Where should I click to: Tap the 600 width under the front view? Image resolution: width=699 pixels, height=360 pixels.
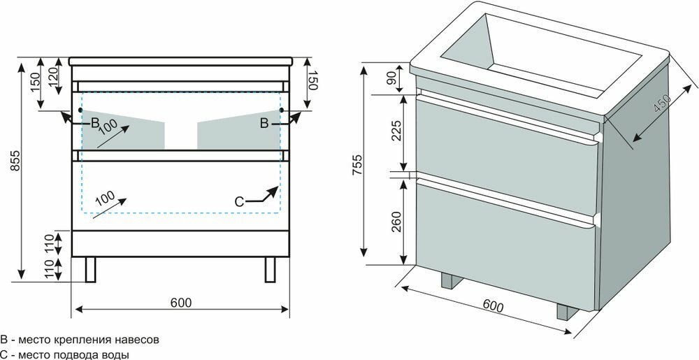tap(181, 302)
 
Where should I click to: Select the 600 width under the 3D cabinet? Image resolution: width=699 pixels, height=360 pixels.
tap(493, 305)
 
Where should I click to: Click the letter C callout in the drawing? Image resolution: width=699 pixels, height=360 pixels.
tap(239, 201)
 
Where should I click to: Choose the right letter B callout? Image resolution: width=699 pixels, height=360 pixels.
tap(264, 123)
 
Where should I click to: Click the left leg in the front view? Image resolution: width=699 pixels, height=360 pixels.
tap(90, 269)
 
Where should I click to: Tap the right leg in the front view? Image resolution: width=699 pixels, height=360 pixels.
tap(271, 269)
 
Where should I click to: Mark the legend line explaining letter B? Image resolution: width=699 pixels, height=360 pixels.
tap(80, 340)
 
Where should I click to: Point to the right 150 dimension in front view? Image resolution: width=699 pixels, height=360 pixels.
tap(312, 82)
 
